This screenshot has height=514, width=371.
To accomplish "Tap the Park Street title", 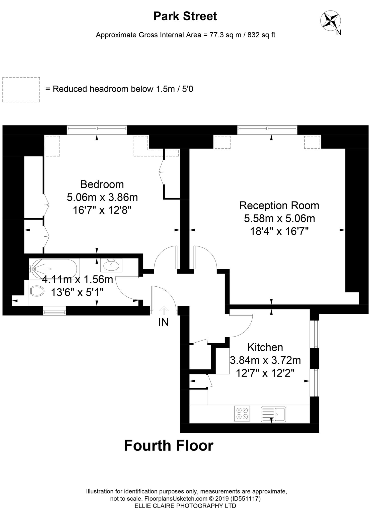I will click(x=185, y=17).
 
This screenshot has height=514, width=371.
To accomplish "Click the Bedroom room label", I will click(x=102, y=184).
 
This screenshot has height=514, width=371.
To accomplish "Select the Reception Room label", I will click(x=279, y=206).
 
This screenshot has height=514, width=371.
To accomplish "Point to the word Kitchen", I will click(x=265, y=347).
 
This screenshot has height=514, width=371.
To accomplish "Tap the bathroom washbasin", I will click(x=111, y=265).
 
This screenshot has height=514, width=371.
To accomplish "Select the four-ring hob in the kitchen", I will click(x=242, y=413).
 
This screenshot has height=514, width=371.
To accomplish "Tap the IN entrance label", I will click(x=164, y=322).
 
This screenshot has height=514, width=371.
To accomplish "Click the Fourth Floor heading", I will click(x=169, y=445).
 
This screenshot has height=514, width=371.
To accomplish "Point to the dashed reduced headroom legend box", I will click(x=21, y=90).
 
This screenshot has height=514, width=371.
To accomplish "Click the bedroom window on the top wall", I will click(x=97, y=128).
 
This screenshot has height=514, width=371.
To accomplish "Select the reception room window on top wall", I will click(x=267, y=128).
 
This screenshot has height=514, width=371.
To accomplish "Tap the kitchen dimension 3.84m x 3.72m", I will click(x=265, y=360).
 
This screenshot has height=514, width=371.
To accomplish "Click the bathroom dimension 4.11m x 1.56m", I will click(x=77, y=279).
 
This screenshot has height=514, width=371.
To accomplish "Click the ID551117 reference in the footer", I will click(x=247, y=498).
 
